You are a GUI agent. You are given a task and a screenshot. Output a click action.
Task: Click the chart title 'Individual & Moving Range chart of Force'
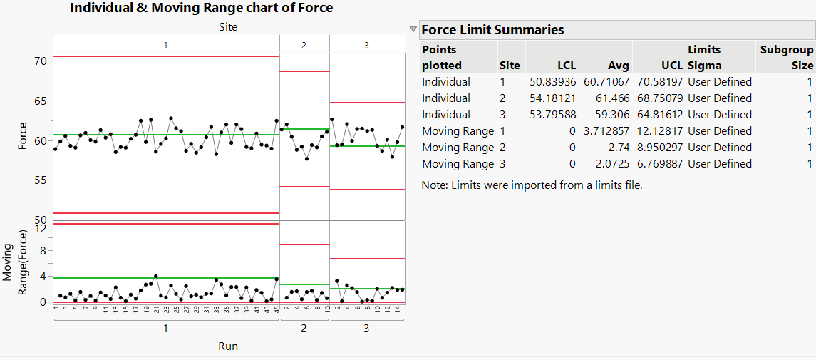(202, 8)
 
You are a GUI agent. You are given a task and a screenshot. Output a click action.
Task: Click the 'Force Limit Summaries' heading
(492, 29)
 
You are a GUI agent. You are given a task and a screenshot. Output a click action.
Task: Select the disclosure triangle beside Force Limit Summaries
(413, 30)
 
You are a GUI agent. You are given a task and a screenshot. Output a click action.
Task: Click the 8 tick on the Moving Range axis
(43, 250)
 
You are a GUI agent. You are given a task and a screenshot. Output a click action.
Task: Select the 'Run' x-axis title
(228, 346)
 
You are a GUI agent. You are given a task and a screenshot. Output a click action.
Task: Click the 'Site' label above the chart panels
(228, 27)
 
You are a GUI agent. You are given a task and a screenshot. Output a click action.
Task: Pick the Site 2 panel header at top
(304, 45)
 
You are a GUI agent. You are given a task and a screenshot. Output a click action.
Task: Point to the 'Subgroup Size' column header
(786, 57)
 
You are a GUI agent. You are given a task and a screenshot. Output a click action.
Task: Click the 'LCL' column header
(563, 66)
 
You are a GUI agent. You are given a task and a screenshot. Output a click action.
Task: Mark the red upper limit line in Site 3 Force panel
(367, 103)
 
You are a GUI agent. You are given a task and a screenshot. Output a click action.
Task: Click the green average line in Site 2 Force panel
(304, 129)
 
